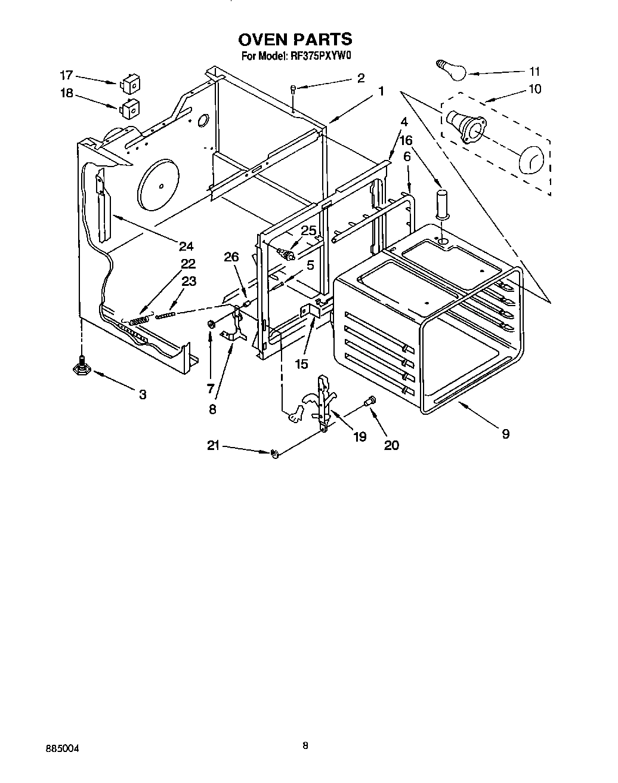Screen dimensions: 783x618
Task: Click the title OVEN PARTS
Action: (295, 39)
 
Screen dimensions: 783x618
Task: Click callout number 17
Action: (66, 75)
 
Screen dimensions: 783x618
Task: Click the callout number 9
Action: (505, 434)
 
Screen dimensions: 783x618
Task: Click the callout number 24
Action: (186, 245)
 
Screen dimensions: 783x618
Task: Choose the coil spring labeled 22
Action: (139, 321)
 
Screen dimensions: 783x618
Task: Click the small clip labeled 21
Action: (275, 455)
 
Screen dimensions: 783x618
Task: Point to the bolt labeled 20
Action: (370, 402)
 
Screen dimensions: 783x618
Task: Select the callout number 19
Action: (359, 437)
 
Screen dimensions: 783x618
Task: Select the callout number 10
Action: (534, 89)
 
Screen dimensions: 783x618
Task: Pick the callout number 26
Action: (231, 257)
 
